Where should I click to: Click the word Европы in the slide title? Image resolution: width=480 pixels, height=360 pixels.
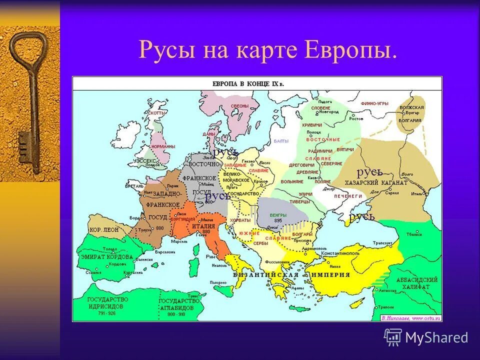(350, 51)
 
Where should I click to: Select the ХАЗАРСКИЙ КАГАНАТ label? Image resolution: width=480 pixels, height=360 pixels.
(376, 183)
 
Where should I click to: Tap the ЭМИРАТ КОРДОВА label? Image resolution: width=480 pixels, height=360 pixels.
(107, 256)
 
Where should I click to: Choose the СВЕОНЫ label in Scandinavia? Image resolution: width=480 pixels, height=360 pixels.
(240, 106)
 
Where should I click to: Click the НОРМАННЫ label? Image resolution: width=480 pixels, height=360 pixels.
(163, 146)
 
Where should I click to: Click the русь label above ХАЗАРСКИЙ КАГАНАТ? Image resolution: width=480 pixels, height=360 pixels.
(369, 172)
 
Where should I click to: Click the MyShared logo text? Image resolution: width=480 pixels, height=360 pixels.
(436, 337)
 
